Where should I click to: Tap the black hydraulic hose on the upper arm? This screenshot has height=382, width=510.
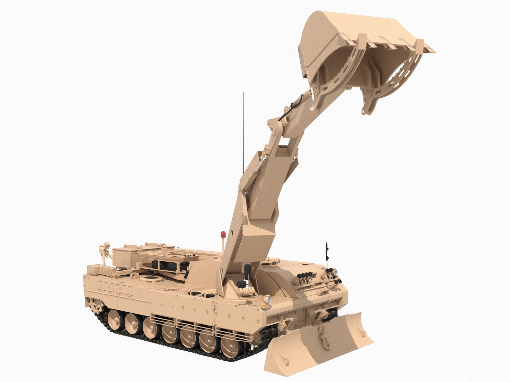coord(288,111)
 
